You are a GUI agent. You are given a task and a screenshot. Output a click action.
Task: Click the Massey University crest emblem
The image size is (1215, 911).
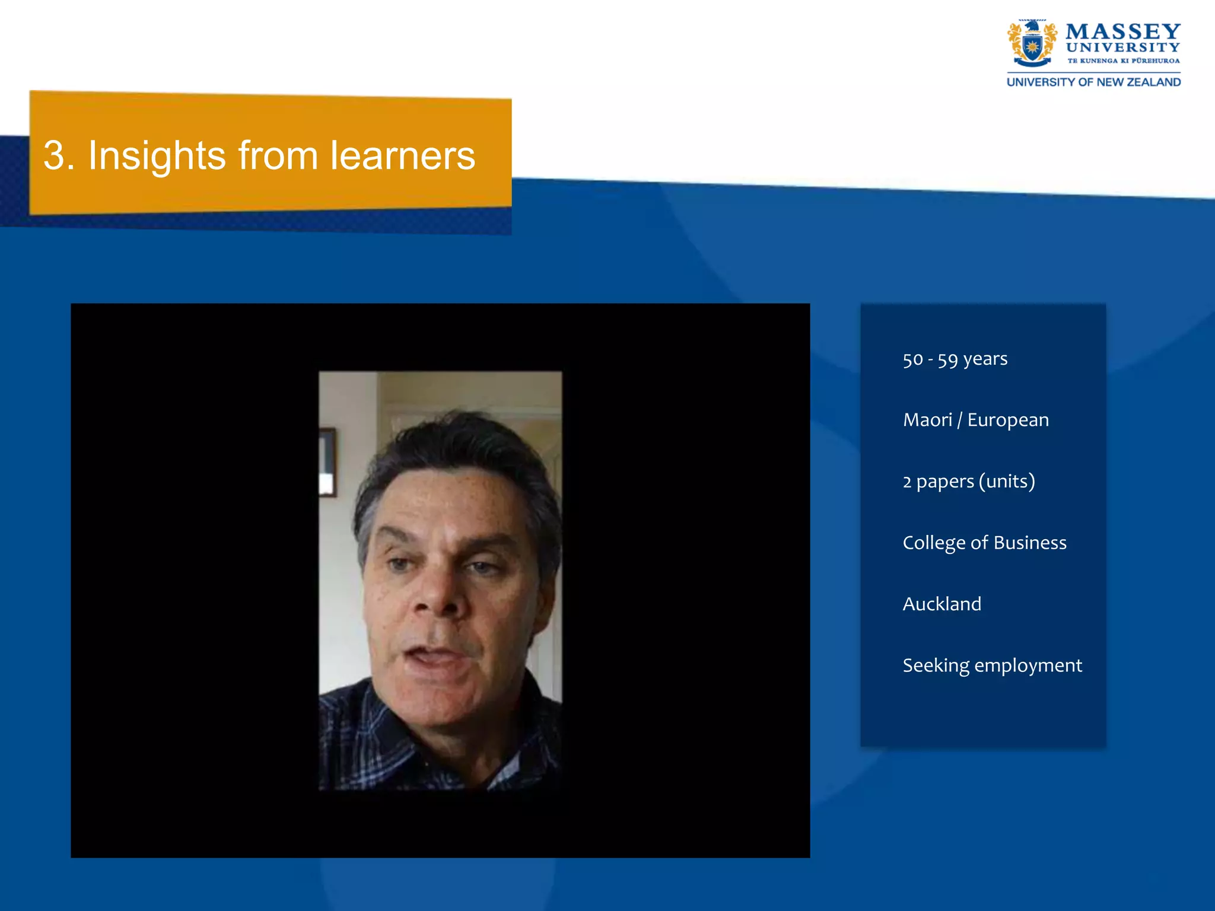[1032, 43]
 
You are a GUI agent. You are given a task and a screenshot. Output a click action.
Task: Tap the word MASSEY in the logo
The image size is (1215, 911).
[1122, 31]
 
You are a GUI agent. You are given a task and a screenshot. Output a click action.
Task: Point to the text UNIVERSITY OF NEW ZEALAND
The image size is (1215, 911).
[1093, 82]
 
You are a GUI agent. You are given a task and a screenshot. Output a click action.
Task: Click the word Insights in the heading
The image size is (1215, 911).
[157, 156]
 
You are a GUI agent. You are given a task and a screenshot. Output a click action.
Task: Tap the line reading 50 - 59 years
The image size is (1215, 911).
[955, 359]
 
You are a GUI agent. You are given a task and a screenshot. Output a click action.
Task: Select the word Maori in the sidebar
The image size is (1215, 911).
[927, 420]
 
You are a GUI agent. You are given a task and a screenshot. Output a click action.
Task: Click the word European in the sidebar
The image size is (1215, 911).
[1007, 421]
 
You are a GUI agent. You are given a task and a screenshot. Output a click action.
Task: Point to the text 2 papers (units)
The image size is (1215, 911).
[968, 481]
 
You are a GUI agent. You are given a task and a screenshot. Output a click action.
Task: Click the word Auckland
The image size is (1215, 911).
[942, 604]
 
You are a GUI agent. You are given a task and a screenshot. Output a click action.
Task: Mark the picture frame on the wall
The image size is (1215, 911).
[327, 463]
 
